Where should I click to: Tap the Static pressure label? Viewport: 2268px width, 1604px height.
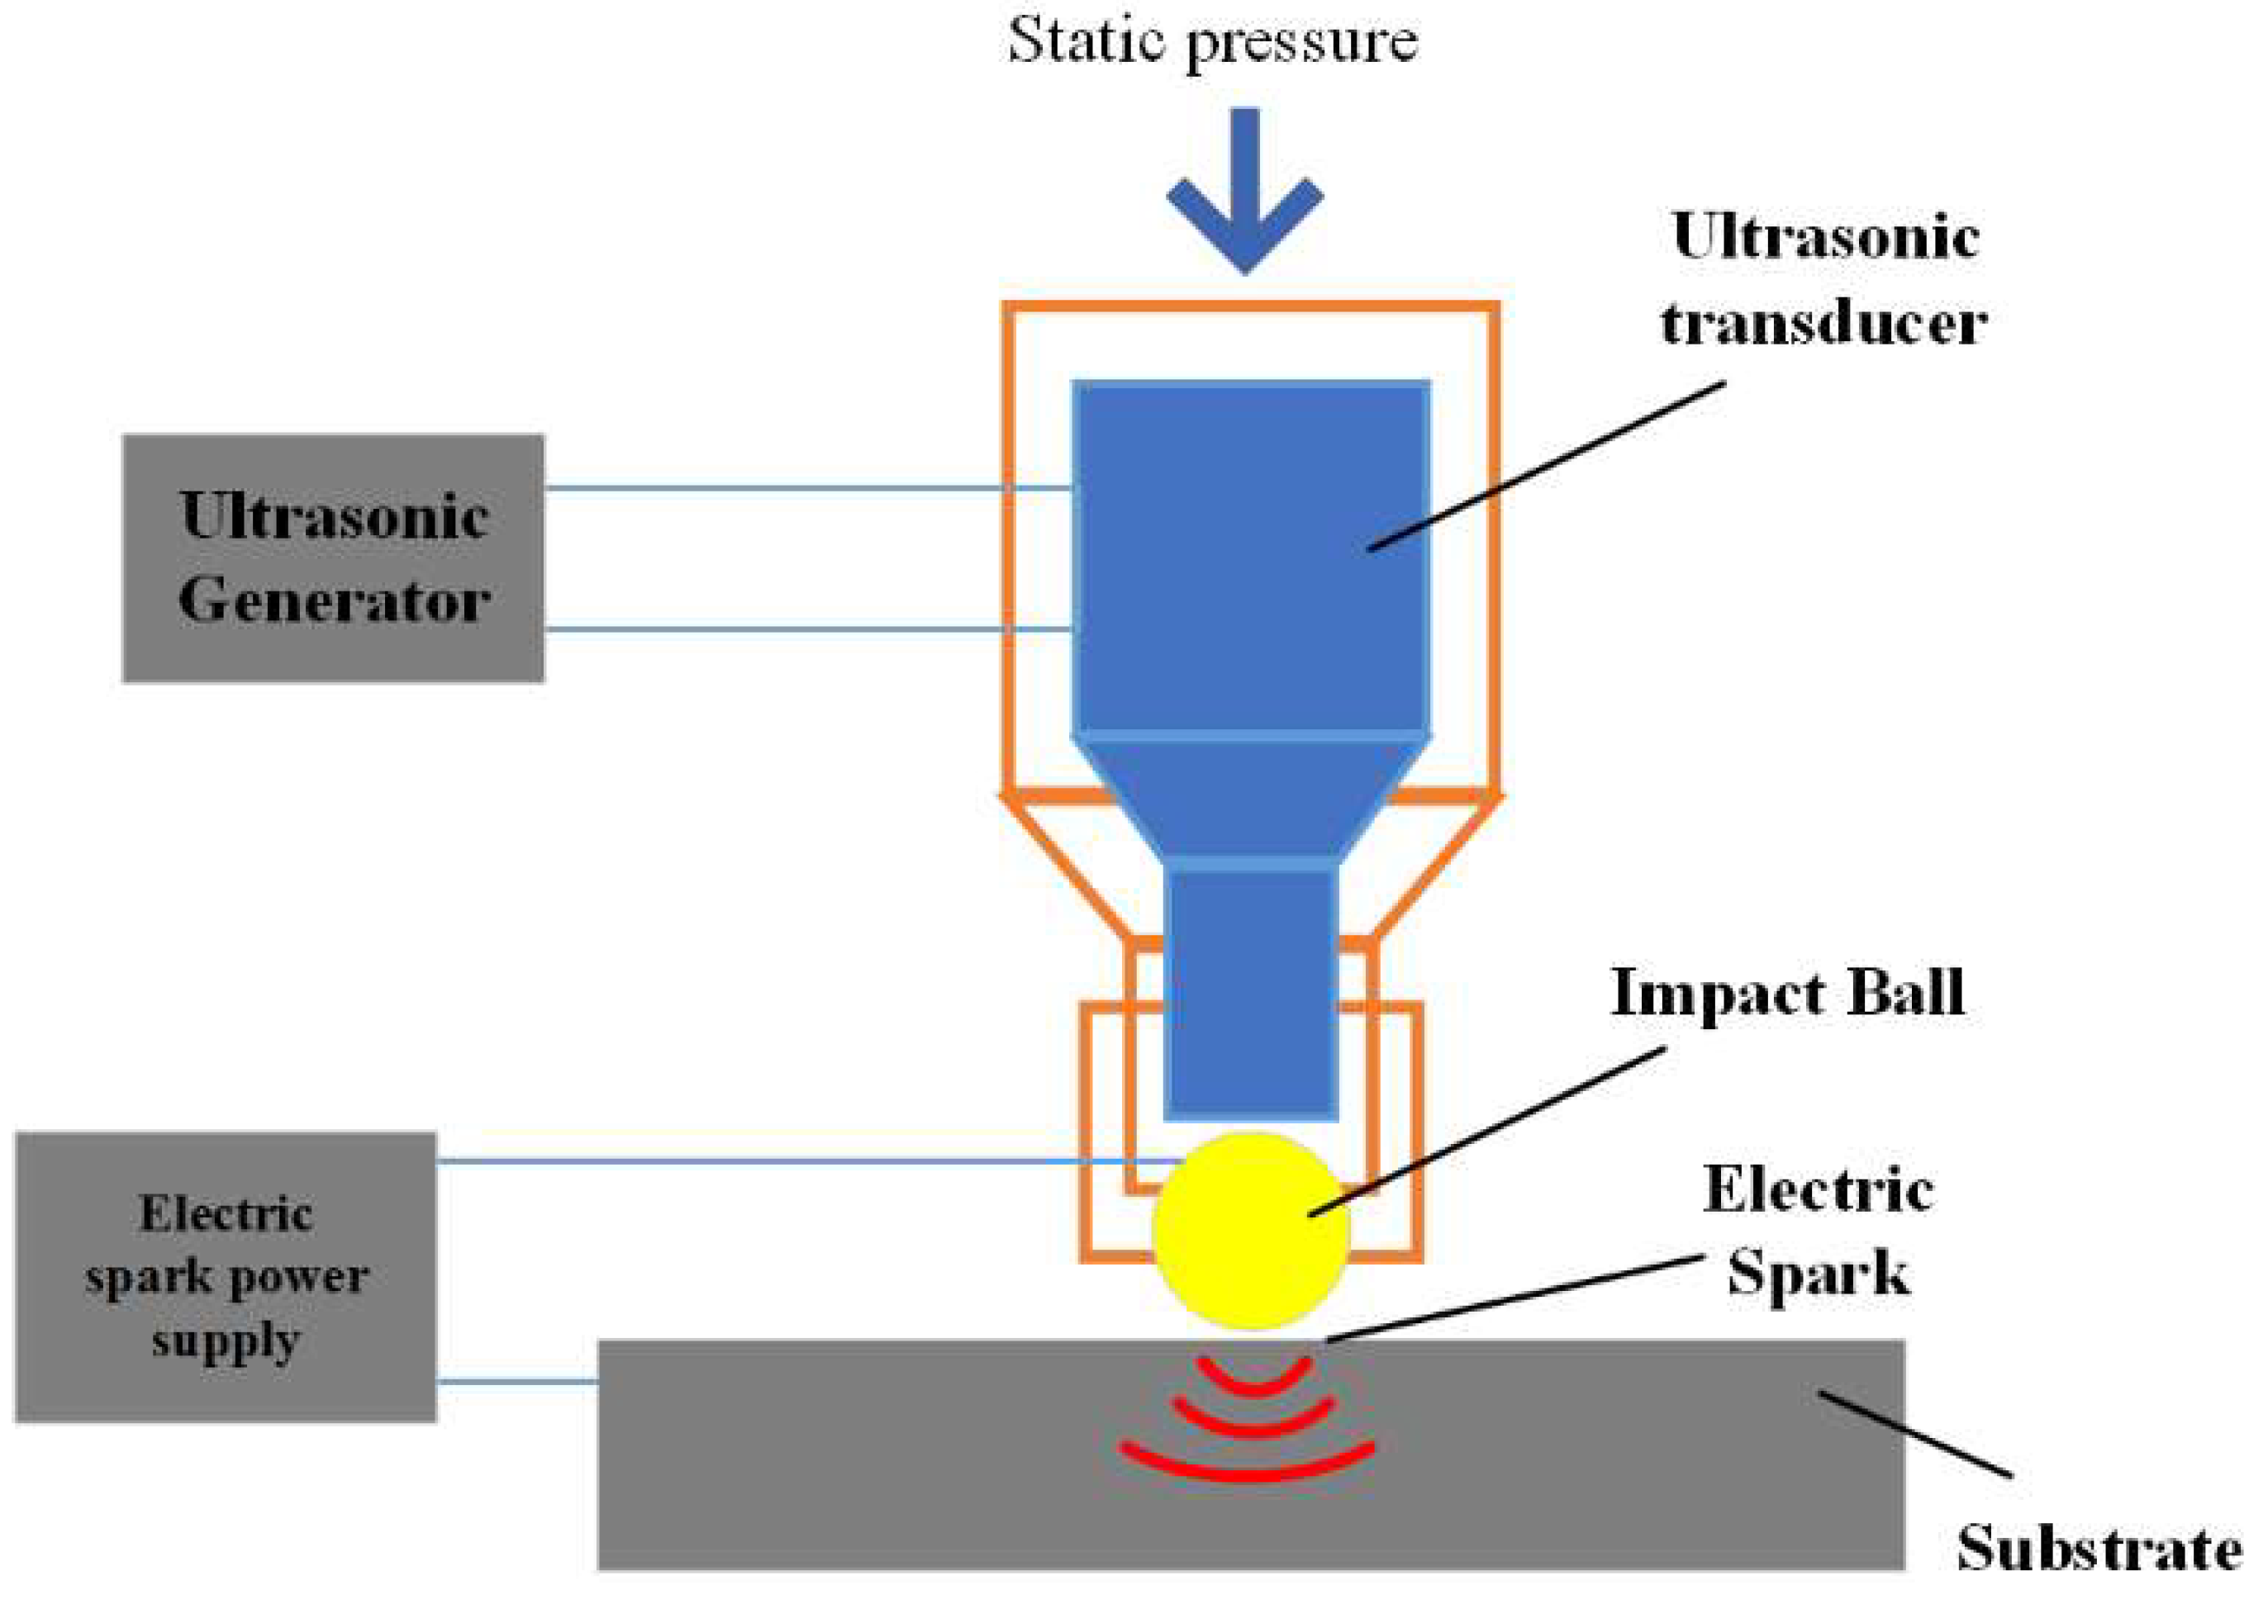coord(1212,41)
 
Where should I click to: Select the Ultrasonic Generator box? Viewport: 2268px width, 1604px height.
coord(333,558)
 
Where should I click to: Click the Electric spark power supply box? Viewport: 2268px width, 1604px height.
coord(226,1276)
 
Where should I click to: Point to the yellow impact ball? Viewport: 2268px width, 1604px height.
coord(1251,1230)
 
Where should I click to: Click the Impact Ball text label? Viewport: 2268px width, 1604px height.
coord(1787,993)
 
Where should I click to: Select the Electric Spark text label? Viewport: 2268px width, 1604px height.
coord(1819,1230)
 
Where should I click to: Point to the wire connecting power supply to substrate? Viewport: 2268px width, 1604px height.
coord(516,1382)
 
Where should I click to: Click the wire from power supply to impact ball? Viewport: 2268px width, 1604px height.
coord(790,1160)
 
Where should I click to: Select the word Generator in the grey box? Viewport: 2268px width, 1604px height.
coord(334,600)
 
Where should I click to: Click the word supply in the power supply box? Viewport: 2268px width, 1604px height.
coord(226,1341)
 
